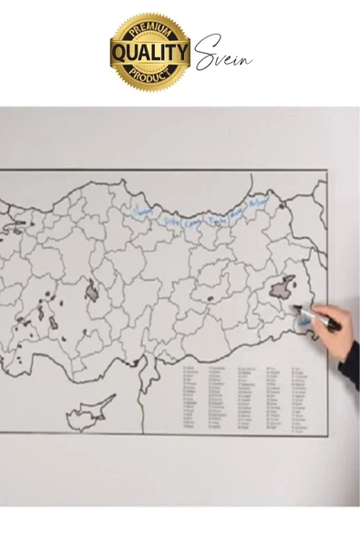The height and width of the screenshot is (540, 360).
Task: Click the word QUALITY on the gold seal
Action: coord(149,52)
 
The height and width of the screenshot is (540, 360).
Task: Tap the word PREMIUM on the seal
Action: coord(149,31)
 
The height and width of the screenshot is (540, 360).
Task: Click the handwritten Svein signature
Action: coord(221,53)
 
